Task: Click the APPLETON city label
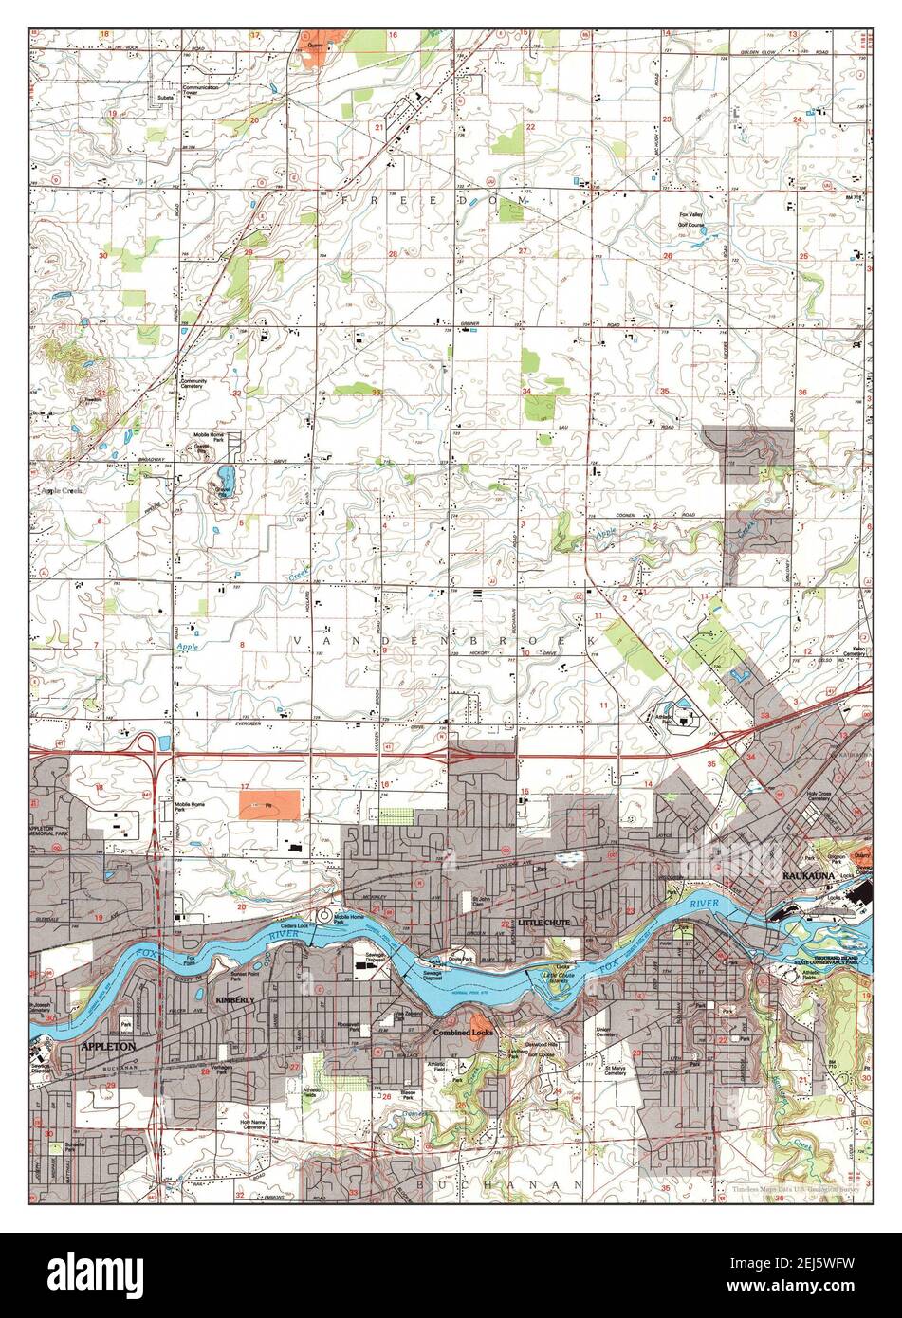click(109, 1045)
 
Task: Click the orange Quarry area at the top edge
click(313, 50)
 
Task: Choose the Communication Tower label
click(200, 90)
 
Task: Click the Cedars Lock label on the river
click(294, 925)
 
